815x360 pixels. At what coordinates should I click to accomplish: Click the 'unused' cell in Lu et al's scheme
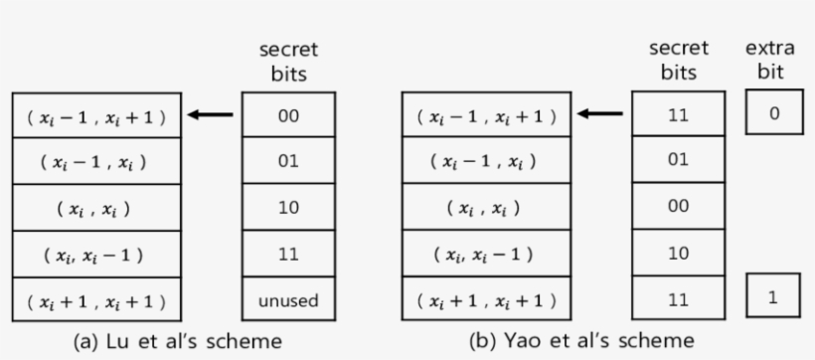point(288,300)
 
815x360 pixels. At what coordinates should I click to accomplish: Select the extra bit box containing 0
point(772,113)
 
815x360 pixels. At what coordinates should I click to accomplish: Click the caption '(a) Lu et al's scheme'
point(179,340)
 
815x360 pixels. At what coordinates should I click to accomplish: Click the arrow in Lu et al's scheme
point(212,114)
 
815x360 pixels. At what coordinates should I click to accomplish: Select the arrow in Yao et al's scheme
point(601,114)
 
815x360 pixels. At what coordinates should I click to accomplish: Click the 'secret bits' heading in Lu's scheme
point(288,60)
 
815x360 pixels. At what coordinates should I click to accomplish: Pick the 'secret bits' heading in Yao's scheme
point(678,60)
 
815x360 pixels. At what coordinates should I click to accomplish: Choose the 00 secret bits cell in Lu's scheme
point(288,114)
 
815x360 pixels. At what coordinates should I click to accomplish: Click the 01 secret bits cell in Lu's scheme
point(288,161)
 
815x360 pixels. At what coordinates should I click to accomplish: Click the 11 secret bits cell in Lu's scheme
point(288,255)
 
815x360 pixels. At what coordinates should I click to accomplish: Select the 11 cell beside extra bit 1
point(678,300)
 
